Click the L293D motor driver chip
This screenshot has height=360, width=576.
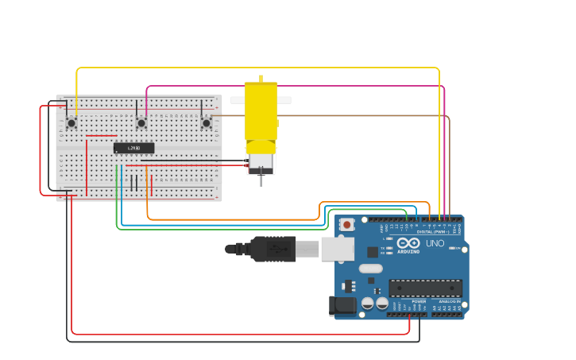133,148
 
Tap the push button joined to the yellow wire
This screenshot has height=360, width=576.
72,122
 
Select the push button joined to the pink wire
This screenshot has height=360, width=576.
141,122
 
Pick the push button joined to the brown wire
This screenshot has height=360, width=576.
207,122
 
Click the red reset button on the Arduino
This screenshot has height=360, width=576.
347,225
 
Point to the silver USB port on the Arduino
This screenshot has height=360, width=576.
337,249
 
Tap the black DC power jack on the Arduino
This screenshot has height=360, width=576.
342,305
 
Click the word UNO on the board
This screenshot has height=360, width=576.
435,243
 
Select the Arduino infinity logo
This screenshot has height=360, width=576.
408,243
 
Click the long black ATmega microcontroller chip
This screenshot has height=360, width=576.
425,288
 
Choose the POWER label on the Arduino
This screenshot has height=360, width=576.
419,302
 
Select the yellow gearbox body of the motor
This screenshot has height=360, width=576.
261,111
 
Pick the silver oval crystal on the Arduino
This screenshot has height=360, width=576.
370,269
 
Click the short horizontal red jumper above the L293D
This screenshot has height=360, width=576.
101,136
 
